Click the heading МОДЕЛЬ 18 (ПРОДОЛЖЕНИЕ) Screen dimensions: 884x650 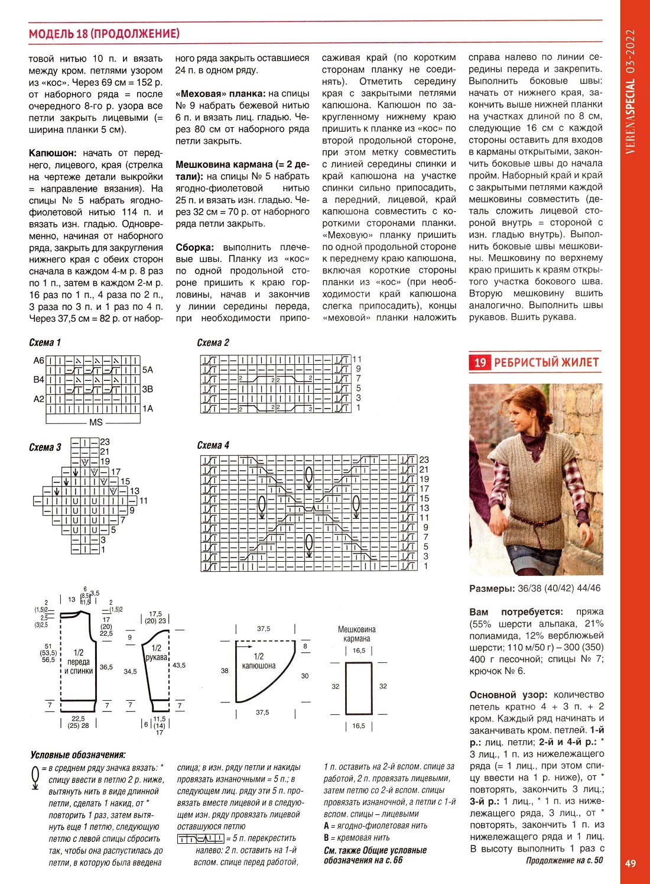(104, 34)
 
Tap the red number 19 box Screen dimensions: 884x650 (479, 362)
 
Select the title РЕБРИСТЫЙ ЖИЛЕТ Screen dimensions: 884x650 (546, 362)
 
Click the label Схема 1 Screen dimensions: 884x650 (45, 342)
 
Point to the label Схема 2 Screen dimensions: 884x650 (213, 342)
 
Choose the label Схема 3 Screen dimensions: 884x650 (45, 448)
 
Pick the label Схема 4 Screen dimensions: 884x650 (213, 445)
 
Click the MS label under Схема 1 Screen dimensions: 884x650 (96, 422)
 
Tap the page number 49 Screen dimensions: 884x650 (630, 863)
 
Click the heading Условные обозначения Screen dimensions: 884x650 (78, 755)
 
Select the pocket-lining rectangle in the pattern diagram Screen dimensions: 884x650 (359, 688)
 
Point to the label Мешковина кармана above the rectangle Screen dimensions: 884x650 (356, 634)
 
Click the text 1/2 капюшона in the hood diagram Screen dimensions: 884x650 (259, 661)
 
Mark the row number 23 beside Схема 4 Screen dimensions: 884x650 (424, 459)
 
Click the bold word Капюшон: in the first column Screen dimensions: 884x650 (53, 153)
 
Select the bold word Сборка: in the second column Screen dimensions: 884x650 (194, 247)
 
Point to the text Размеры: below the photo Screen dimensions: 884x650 (492, 588)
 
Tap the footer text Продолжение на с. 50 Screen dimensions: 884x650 (564, 860)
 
